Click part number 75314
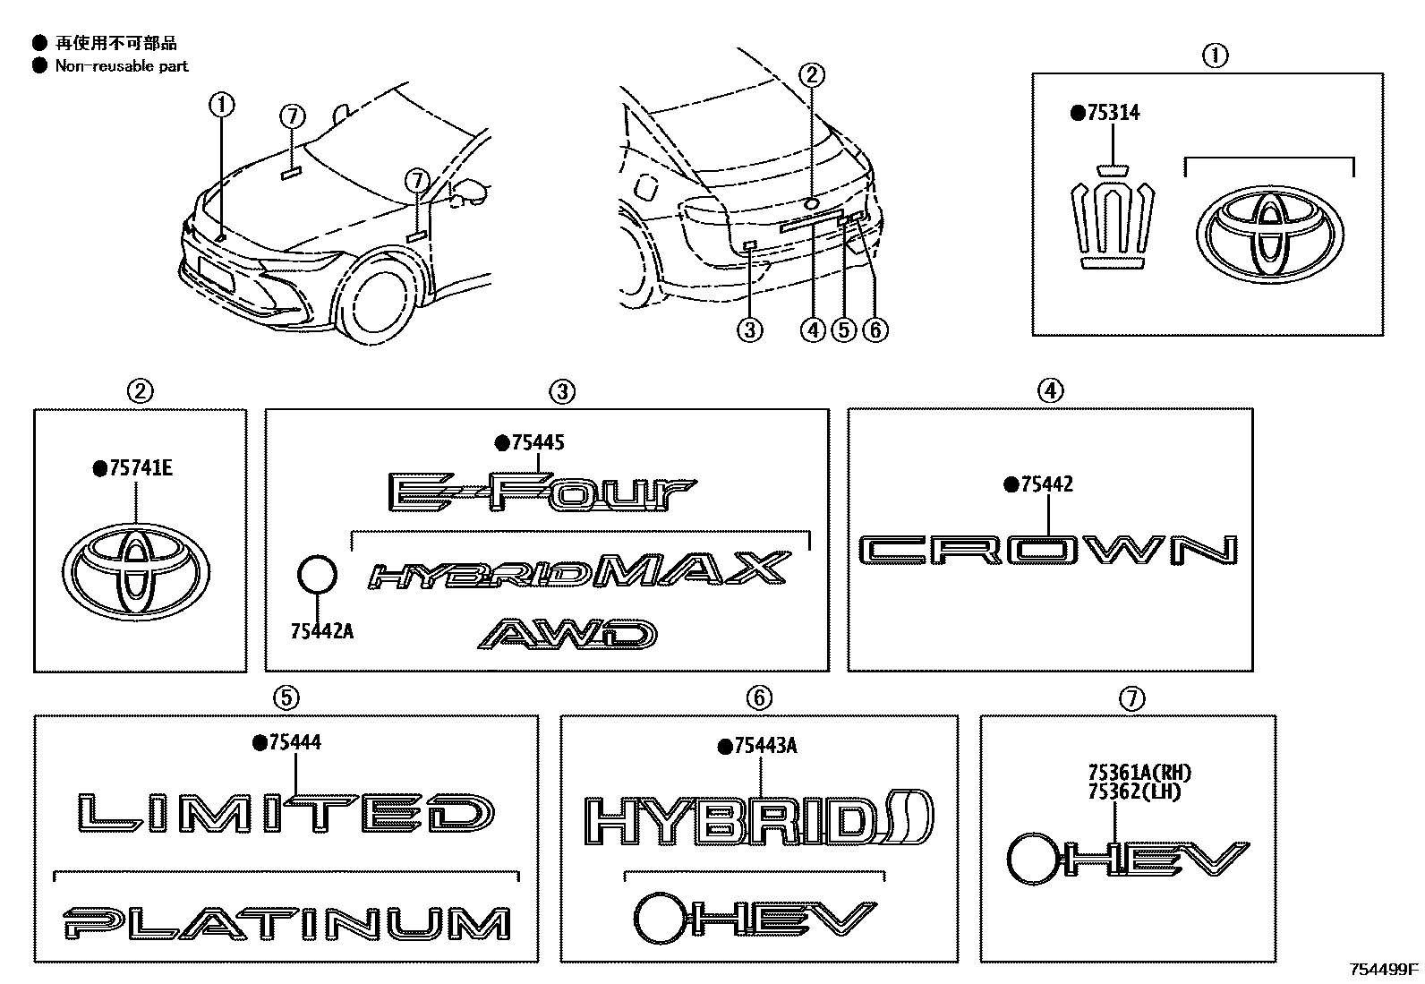1113,113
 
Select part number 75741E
138,467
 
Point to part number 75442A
321,631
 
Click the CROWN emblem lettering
1048,550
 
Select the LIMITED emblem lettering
284,813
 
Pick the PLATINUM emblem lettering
286,923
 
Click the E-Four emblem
541,492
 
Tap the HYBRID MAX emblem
581,571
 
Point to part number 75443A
764,746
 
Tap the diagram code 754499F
1384,969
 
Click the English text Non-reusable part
122,65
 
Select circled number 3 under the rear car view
749,329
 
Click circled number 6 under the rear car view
875,329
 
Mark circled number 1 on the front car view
221,106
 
